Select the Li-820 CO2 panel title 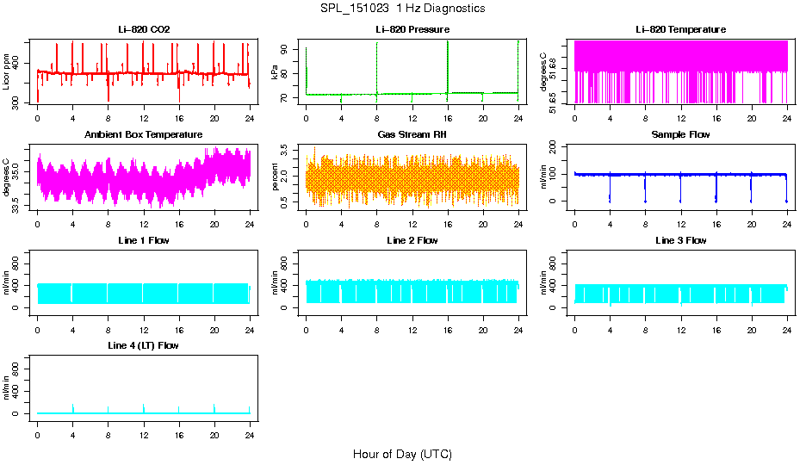[144, 29]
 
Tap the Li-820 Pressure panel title [412, 29]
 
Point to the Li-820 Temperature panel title [680, 29]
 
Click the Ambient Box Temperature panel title [144, 134]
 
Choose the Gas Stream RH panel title [412, 134]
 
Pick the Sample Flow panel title [680, 134]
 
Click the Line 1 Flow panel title [144, 240]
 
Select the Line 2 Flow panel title [412, 240]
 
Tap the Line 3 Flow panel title [680, 240]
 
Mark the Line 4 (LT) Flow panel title [144, 345]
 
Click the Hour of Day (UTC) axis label [402, 454]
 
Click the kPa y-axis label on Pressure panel [276, 72]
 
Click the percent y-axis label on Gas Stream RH [276, 177]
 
